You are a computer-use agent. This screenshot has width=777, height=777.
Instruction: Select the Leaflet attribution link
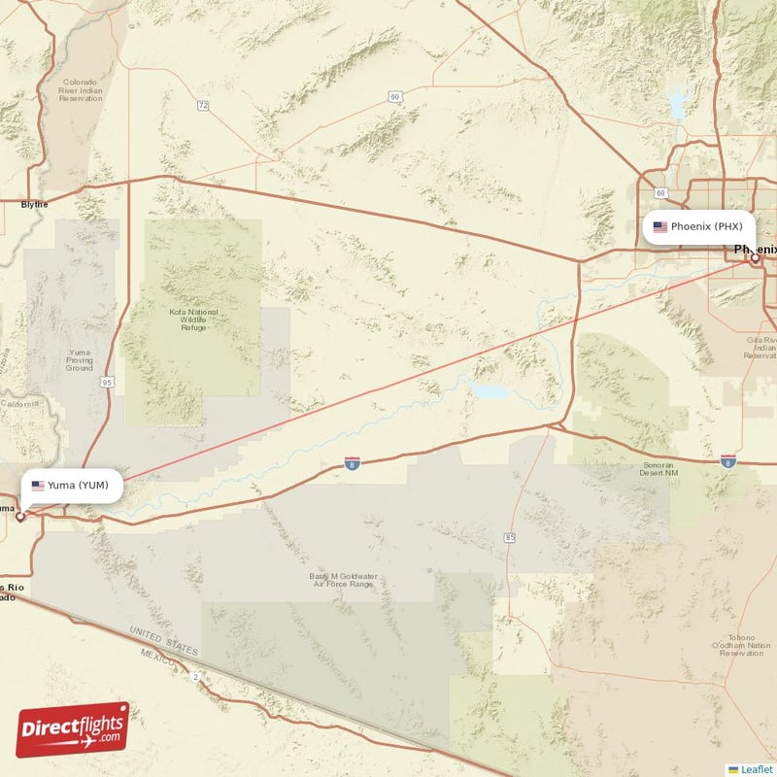tap(755, 768)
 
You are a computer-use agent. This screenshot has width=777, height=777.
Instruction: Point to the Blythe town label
tap(34, 204)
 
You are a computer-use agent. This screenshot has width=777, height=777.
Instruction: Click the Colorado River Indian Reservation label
tap(81, 90)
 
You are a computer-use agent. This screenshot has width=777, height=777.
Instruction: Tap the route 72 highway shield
tap(202, 105)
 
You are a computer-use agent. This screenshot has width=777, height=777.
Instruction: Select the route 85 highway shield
tap(509, 537)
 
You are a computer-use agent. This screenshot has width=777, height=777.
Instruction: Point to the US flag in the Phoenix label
tap(660, 227)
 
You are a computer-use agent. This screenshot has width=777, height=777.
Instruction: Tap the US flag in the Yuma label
tap(38, 485)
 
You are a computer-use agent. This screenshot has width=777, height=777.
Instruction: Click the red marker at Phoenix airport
tap(754, 257)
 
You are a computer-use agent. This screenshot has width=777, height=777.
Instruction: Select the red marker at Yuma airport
tap(19, 516)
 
